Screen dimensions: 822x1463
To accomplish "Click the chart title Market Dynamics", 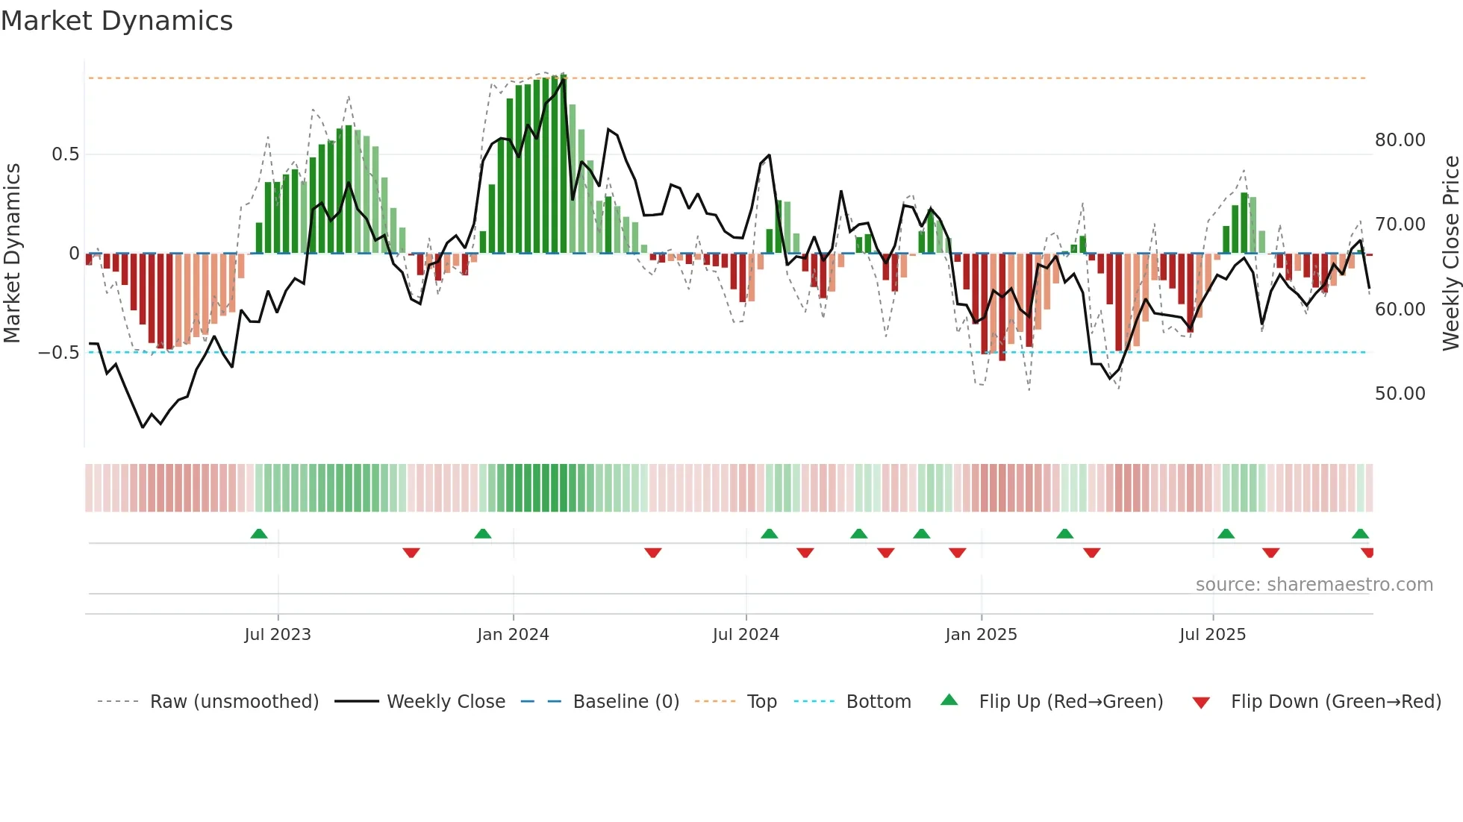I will coord(116,21).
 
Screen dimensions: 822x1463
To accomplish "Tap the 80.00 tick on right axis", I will coord(1400,140).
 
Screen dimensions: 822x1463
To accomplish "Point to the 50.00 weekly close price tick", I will coord(1400,394).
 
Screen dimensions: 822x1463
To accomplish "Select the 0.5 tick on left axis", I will coord(65,154).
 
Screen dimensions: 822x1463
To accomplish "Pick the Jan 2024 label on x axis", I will coord(513,635).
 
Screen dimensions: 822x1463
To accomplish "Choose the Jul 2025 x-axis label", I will coord(1212,635).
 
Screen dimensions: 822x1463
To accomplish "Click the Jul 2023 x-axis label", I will coord(278,635).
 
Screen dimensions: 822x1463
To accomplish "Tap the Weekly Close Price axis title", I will coord(1450,254).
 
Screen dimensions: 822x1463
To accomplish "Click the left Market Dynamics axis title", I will coord(12,254).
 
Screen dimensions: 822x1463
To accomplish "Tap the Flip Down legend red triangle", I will coord(1201,703).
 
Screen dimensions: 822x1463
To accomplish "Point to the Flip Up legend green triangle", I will coord(949,700).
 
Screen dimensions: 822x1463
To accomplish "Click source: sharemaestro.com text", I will coord(1314,585).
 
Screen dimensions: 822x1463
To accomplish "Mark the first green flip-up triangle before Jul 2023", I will coord(259,534).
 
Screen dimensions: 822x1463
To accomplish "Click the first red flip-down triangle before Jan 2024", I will coord(411,553).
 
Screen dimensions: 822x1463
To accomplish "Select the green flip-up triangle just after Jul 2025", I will coord(1226,534).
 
